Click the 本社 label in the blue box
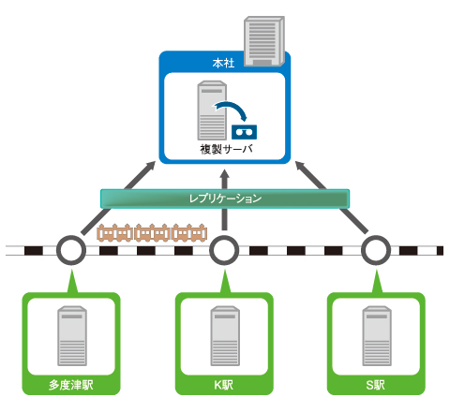(223, 63)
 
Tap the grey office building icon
(264, 41)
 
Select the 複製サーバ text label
(226, 149)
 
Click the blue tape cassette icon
(244, 132)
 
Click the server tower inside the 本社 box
(212, 110)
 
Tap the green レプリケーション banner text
(225, 199)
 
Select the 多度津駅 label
(71, 385)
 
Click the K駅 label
(224, 385)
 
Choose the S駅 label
(375, 385)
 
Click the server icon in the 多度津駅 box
(72, 336)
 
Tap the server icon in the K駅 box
(225, 336)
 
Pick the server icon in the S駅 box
(377, 336)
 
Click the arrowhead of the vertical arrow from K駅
(225, 173)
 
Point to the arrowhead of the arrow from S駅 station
(300, 166)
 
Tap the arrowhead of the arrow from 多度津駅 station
(151, 166)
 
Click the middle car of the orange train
(152, 233)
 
